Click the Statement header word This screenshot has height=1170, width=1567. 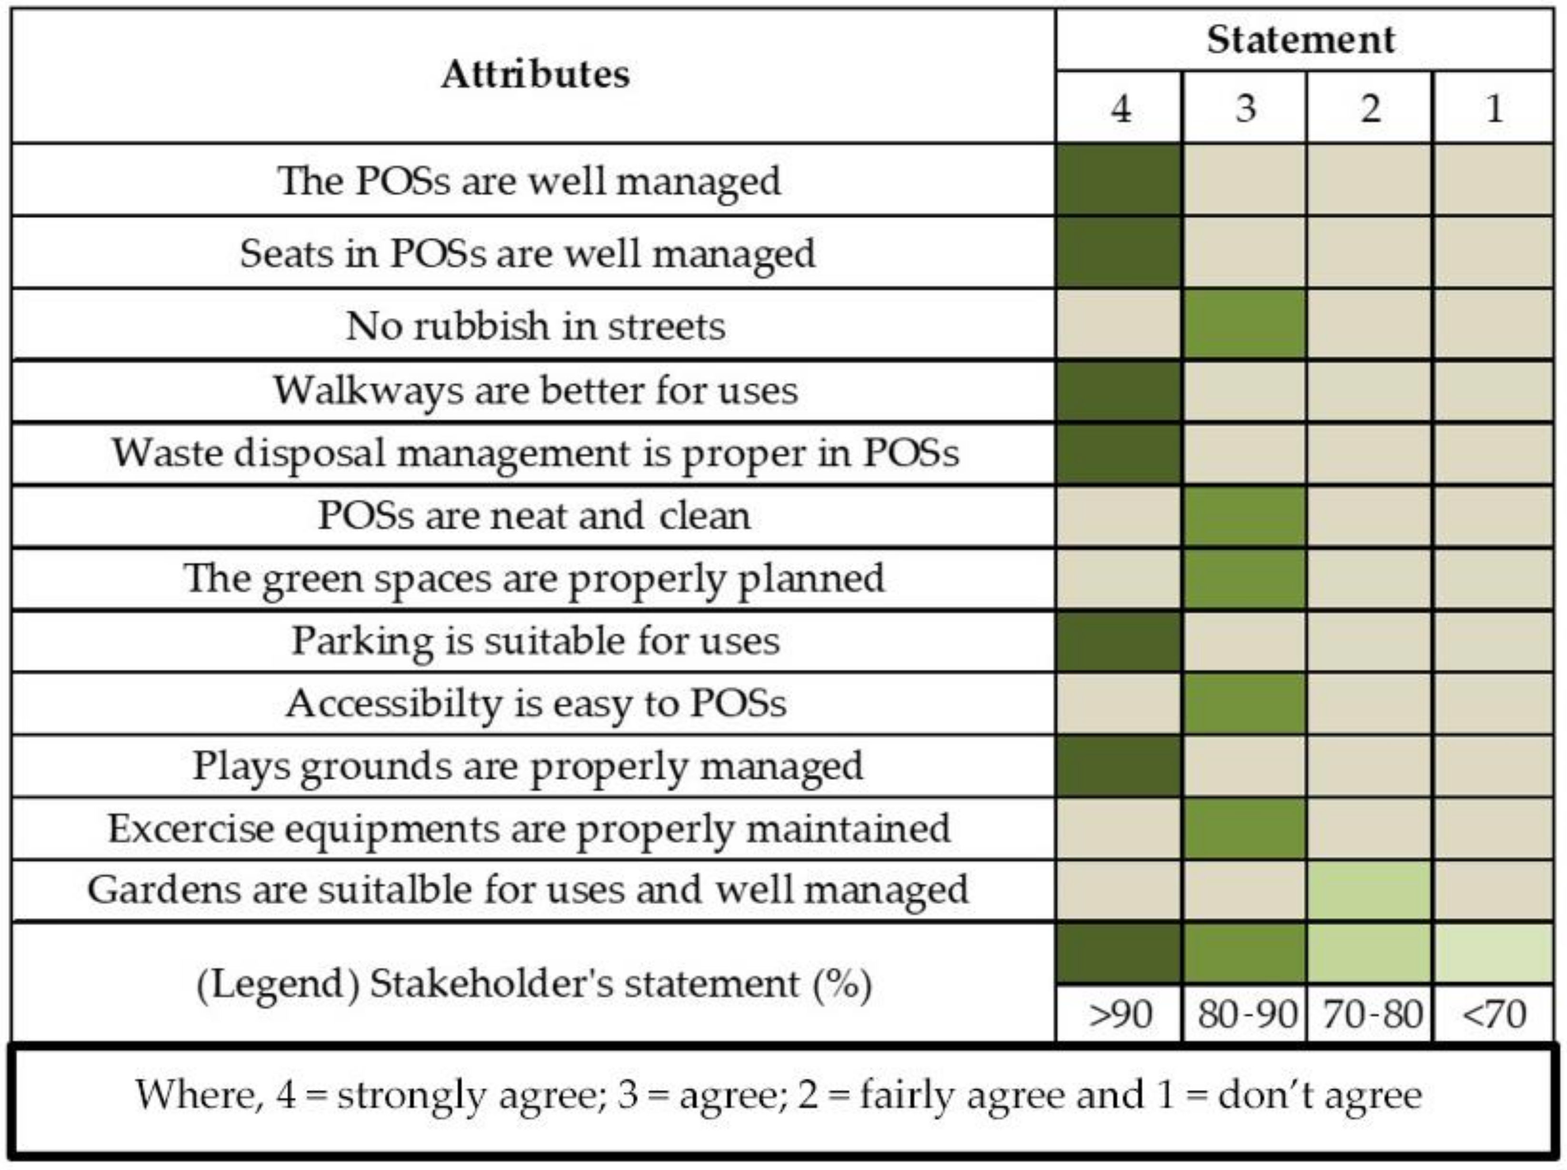[1301, 40]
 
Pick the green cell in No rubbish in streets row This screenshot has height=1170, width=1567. [1244, 325]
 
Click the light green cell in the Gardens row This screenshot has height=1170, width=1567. [1369, 890]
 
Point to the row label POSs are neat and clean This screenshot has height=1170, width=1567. [534, 515]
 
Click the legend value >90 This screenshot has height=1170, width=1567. [1120, 1014]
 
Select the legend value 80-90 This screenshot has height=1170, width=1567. [1246, 1014]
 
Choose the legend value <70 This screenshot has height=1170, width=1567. [1493, 1014]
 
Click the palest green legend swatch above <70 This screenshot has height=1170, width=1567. [1493, 953]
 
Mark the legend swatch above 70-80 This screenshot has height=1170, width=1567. [1369, 953]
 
